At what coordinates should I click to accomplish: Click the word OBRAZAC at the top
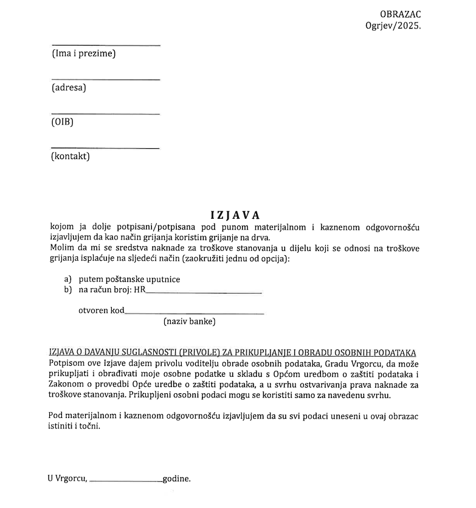400,15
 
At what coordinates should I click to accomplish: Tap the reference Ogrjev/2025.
393,26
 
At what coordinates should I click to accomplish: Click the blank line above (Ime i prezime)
106,45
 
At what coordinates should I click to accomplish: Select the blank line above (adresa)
106,80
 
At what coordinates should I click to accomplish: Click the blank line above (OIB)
106,114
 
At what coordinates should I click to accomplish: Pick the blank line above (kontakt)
106,148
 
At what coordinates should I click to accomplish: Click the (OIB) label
62,122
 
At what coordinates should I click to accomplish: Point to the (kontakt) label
71,157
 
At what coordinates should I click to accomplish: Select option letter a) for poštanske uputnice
67,280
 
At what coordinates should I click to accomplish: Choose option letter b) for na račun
67,290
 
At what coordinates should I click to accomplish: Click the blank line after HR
204,293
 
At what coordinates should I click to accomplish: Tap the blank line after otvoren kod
194,313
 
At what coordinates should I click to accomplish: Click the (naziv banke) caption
189,321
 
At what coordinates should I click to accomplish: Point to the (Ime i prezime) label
84,53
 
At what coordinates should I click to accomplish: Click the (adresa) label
69,88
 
